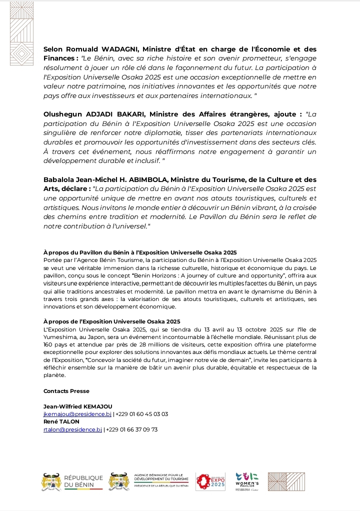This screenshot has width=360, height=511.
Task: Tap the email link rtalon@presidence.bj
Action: pyautogui.click(x=72, y=429)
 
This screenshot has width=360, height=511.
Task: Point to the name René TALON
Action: pyautogui.click(x=61, y=422)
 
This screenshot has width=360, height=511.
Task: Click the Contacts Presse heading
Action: pyautogui.click(x=66, y=391)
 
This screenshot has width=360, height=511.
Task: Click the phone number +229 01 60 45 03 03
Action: pyautogui.click(x=142, y=414)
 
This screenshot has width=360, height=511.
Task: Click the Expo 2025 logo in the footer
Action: pyautogui.click(x=210, y=481)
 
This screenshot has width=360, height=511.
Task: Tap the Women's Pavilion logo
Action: pyautogui.click(x=247, y=481)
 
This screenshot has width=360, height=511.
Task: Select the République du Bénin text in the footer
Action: pyautogui.click(x=83, y=482)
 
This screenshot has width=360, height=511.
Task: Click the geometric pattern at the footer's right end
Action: pyautogui.click(x=285, y=482)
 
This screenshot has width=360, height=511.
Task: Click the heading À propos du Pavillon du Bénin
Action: pyautogui.click(x=140, y=252)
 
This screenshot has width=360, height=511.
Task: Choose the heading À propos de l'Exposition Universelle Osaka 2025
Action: pyautogui.click(x=112, y=321)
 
